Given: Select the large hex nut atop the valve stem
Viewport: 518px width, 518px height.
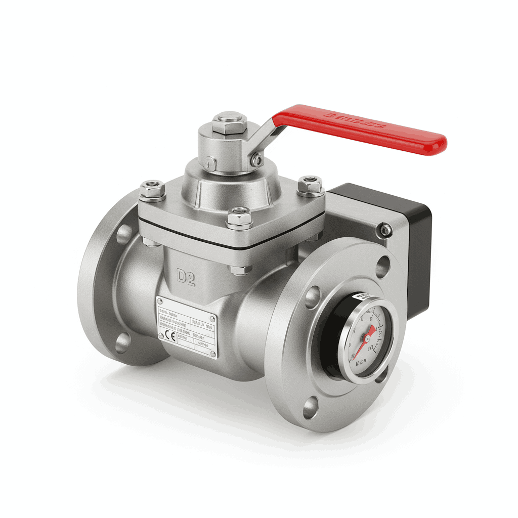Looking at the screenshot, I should (x=229, y=122).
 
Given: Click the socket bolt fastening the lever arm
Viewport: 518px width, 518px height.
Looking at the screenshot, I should (x=257, y=160).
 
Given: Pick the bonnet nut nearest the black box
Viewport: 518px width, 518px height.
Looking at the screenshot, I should (x=310, y=185).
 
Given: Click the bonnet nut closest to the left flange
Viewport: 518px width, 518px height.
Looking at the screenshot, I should (x=152, y=190).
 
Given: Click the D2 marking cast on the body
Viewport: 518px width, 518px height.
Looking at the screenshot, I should (x=186, y=278).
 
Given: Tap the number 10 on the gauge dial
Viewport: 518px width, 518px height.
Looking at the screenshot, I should (x=371, y=348).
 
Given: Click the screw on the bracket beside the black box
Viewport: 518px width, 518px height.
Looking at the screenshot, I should (x=385, y=230).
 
